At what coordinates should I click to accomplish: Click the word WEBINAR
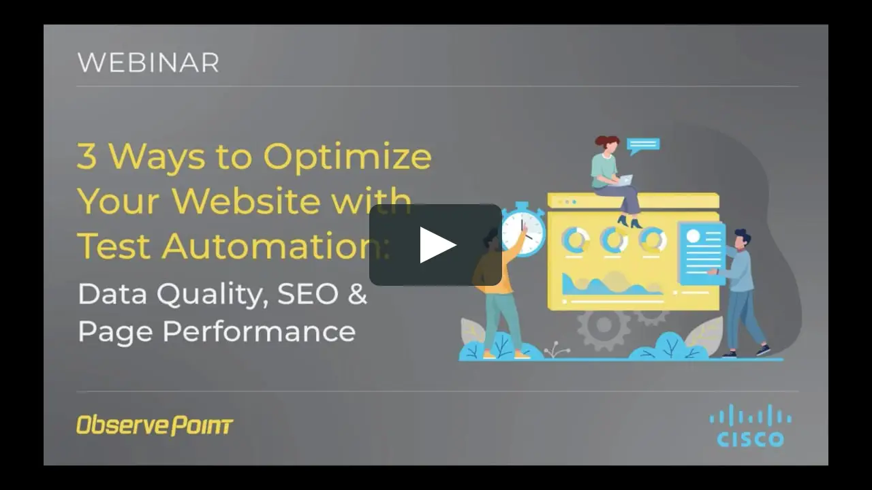coord(149,62)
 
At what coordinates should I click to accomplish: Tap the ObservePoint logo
coord(155,425)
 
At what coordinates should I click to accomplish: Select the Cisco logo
coord(750,425)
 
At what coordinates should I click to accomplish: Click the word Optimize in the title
coord(347,157)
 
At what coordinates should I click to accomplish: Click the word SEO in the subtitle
coord(308,294)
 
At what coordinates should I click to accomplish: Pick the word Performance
coord(259,331)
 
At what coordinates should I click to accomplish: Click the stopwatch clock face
coord(523,233)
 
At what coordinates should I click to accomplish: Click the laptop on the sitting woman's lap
coord(623,180)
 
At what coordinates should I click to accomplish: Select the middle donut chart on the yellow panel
coord(614,240)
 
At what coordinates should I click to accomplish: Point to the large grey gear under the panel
coord(604,325)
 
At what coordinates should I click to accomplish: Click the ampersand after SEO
coord(358,294)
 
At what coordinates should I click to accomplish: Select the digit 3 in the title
coord(87,156)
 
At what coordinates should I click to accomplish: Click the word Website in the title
coord(247,201)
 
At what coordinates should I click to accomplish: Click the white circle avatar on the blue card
coord(694,235)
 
